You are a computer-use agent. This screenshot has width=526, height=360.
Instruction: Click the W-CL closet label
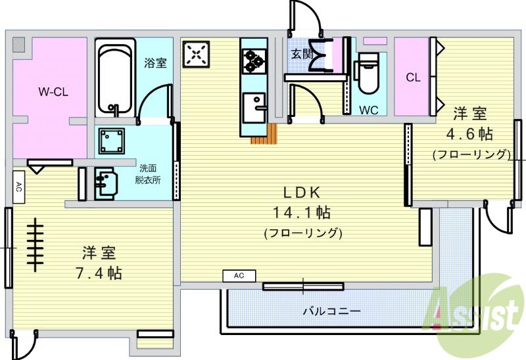pyautogui.click(x=53, y=91)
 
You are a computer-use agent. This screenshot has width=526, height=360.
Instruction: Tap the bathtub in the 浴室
pyautogui.click(x=115, y=78)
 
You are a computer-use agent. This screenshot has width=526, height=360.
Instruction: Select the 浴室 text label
pyautogui.click(x=155, y=63)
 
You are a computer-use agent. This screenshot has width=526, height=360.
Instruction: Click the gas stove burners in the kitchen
pyautogui.click(x=254, y=61)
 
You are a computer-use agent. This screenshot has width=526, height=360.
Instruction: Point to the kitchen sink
pyautogui.click(x=254, y=108)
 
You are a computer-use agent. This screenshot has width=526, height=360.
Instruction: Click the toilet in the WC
pyautogui.click(x=368, y=73)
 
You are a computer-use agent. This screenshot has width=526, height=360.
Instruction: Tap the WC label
pyautogui.click(x=369, y=110)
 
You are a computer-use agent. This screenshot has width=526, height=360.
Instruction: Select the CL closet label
pyautogui.click(x=413, y=78)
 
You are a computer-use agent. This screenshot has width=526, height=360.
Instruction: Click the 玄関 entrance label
pyautogui.click(x=302, y=54)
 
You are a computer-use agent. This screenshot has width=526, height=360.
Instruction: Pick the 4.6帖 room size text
pyautogui.click(x=469, y=134)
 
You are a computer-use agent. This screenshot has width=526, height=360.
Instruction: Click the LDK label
pyautogui.click(x=302, y=192)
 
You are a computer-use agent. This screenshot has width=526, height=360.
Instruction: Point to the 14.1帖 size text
pyautogui.click(x=302, y=212)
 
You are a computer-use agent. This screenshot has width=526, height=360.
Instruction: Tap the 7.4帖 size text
pyautogui.click(x=99, y=273)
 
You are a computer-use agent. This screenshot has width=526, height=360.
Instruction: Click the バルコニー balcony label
pyautogui.click(x=332, y=311)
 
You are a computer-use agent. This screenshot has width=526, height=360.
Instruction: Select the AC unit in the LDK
pyautogui.click(x=239, y=276)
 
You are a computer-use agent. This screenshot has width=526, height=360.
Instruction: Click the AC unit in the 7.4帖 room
pyautogui.click(x=19, y=187)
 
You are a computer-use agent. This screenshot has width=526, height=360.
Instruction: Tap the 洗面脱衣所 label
pyautogui.click(x=148, y=174)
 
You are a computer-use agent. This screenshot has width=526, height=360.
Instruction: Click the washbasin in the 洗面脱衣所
pyautogui.click(x=106, y=184)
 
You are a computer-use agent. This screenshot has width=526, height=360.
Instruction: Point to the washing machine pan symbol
pyautogui.click(x=112, y=141)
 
